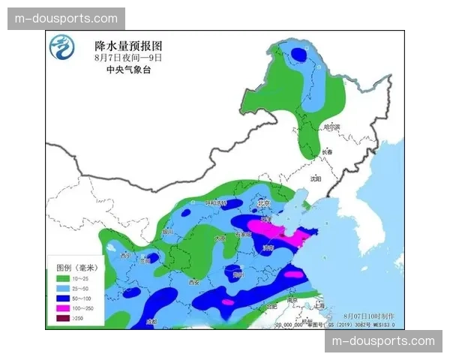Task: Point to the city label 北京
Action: click(263, 202)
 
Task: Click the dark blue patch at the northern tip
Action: click(299, 54)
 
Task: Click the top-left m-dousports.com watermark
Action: click(66, 19)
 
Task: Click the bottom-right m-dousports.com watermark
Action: click(383, 341)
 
